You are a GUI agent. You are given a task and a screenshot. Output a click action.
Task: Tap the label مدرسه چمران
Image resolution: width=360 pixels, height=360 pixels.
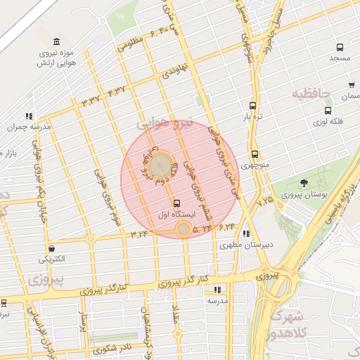coord(21,127)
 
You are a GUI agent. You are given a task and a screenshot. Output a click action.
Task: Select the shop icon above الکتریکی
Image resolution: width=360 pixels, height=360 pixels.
coord(52,248)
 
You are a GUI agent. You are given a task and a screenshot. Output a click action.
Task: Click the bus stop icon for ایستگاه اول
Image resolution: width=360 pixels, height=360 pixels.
coord(176,203)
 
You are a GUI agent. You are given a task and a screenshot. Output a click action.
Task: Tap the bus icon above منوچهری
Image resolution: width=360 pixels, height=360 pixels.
coord(255,155)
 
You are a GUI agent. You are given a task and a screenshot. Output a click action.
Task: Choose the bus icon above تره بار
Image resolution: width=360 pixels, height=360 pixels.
coord(252,105)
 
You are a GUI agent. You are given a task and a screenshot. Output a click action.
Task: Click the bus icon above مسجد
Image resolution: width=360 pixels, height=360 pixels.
coord(340,48)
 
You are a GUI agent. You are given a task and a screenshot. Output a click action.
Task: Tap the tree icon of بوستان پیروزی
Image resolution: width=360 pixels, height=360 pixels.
coord(304,184)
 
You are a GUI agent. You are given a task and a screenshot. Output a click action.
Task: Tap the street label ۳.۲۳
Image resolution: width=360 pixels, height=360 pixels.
coord(139,233)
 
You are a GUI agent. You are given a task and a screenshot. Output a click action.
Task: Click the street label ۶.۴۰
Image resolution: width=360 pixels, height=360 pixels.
coord(157,32)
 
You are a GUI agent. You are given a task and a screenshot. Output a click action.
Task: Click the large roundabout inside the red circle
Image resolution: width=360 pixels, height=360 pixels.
coord(160,165)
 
